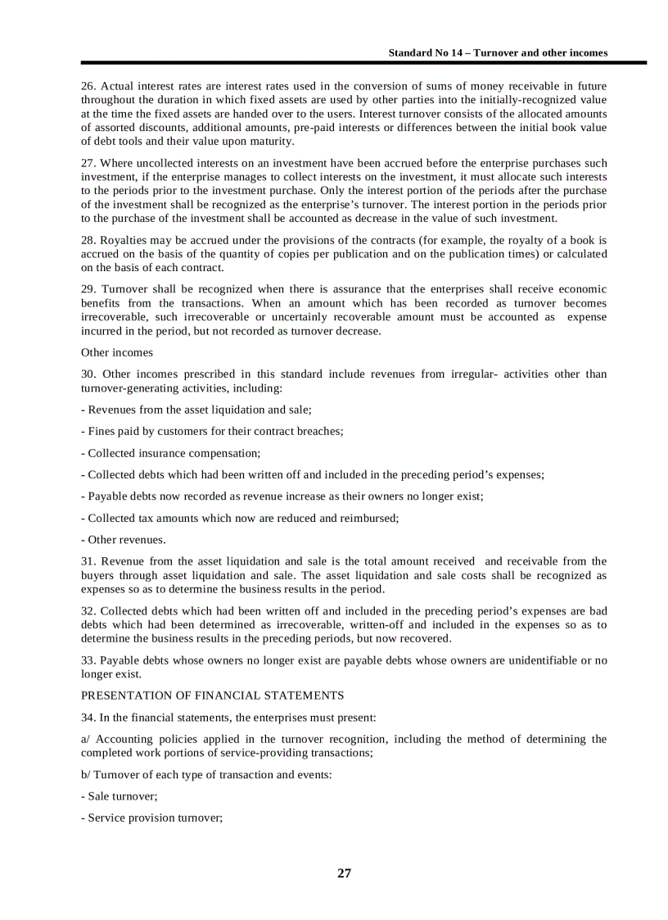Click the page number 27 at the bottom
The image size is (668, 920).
click(344, 873)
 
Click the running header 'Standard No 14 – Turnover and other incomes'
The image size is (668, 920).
click(498, 52)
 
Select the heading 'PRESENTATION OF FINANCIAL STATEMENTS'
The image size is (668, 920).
click(212, 696)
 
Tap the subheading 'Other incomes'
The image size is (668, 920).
click(116, 352)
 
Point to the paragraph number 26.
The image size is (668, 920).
click(88, 86)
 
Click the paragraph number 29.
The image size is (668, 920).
click(88, 289)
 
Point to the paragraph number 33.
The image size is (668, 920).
click(88, 660)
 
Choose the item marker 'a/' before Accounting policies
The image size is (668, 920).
click(86, 739)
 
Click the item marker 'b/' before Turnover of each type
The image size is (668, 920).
click(86, 774)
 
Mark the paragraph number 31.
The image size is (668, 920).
click(88, 561)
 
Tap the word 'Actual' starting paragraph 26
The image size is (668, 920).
click(116, 86)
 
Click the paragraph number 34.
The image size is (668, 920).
click(88, 718)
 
